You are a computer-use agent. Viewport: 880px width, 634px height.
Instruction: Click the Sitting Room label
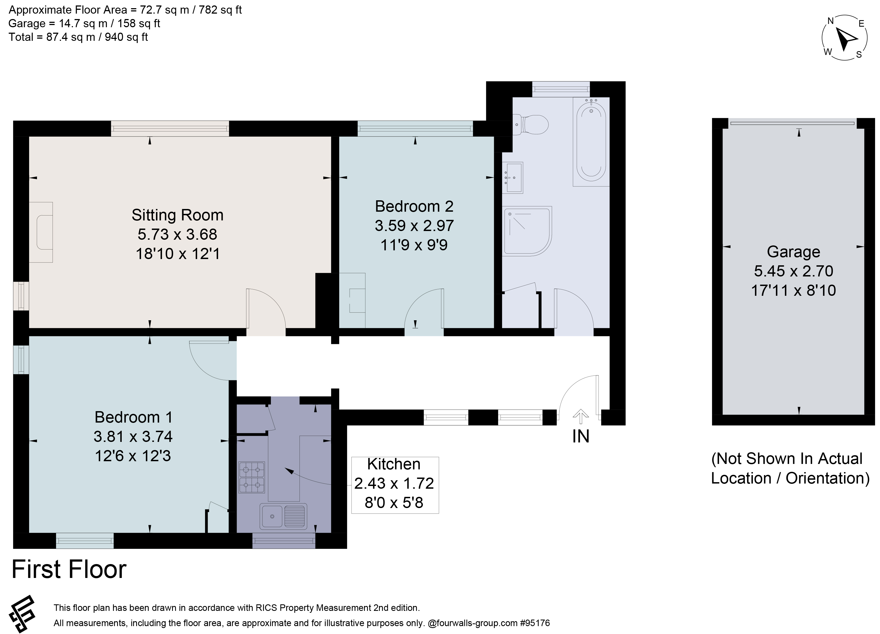(177, 215)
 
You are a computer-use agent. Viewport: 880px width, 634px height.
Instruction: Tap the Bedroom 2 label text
(414, 206)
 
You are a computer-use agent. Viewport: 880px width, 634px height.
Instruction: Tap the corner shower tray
(527, 231)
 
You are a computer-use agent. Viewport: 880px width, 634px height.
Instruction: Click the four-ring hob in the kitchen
(252, 477)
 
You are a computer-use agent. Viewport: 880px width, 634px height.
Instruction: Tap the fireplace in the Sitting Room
(41, 232)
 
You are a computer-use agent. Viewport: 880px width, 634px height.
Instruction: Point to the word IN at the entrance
(580, 437)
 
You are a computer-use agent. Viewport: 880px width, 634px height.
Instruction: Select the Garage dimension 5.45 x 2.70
(793, 271)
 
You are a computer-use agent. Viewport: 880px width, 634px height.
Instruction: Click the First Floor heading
(69, 569)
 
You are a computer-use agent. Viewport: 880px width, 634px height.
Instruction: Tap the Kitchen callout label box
(395, 485)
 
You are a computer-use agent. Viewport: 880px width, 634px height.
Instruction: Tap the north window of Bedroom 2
(415, 128)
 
